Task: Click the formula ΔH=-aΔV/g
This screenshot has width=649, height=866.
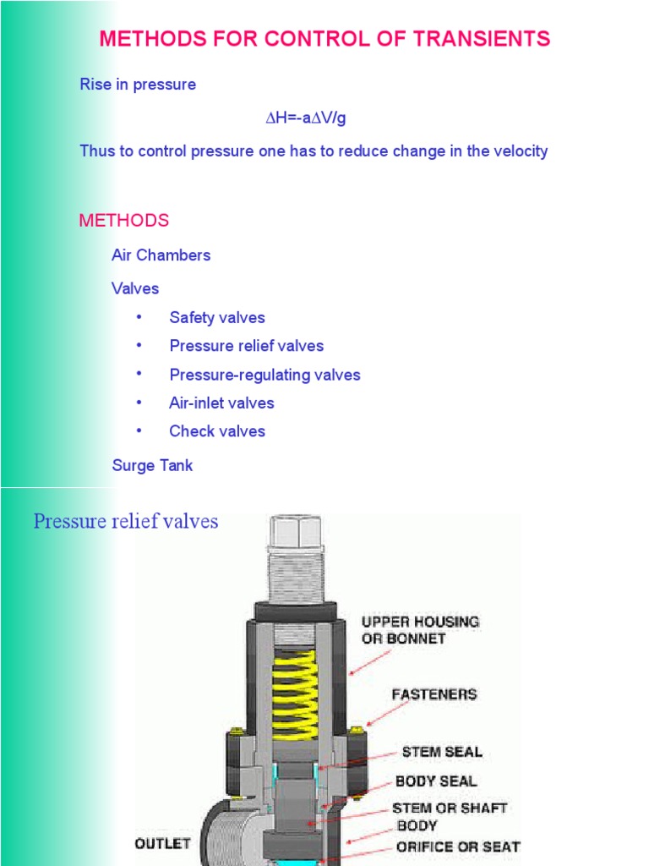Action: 306,118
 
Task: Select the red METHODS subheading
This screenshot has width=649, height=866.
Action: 123,221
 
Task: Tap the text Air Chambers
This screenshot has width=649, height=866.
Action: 161,255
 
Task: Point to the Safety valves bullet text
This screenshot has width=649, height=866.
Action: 216,318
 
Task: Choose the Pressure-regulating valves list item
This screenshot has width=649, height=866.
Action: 265,375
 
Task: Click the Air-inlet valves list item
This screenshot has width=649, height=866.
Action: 221,403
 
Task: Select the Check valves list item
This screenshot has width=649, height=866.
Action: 216,431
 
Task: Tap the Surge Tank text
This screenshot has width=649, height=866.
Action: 152,466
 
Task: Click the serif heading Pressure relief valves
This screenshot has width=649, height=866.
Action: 126,522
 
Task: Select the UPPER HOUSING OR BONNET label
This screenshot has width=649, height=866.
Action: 420,629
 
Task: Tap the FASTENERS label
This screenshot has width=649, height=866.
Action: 434,694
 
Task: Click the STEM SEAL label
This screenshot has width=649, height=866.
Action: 442,752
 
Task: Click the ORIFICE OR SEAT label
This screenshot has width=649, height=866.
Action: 458,846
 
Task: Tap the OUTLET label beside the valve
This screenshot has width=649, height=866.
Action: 162,843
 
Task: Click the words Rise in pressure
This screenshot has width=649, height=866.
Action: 138,85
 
